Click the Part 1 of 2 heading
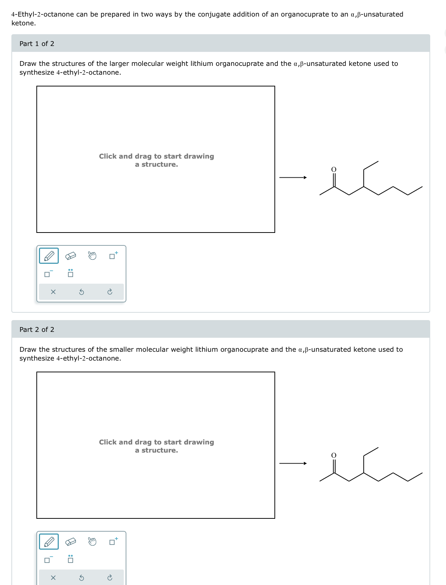click(37, 44)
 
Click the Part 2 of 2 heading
click(37, 330)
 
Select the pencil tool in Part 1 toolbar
click(49, 256)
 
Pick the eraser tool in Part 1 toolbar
click(71, 256)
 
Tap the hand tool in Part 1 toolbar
click(92, 255)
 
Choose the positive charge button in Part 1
click(113, 256)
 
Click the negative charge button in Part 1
click(48, 274)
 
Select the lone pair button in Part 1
click(71, 273)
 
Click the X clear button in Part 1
click(53, 292)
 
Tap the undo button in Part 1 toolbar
click(82, 292)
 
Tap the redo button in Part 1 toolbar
click(109, 292)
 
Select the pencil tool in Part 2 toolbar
click(49, 542)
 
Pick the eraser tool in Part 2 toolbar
click(71, 542)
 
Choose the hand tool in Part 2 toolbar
click(92, 541)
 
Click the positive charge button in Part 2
click(113, 542)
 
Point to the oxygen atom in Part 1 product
click(334, 169)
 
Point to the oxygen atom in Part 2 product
click(334, 455)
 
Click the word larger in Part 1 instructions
click(119, 64)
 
